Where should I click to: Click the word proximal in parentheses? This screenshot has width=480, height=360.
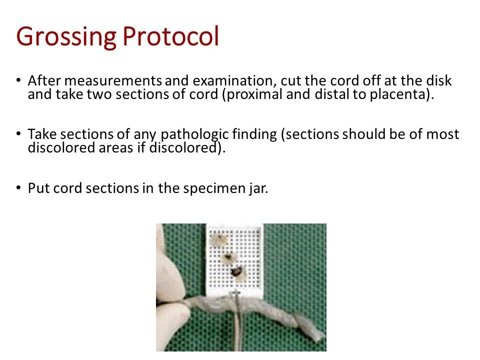click(x=256, y=94)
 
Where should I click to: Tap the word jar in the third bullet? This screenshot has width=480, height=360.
click(x=258, y=188)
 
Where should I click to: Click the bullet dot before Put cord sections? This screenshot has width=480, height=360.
click(x=18, y=188)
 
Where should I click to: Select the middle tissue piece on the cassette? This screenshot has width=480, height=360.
click(x=230, y=258)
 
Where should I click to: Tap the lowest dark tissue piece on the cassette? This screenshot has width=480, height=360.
click(x=237, y=273)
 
